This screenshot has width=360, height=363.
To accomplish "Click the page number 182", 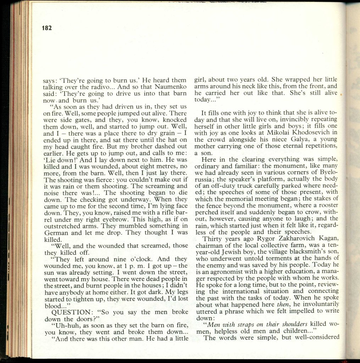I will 47,28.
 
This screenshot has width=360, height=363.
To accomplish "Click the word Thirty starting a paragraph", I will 213,238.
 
